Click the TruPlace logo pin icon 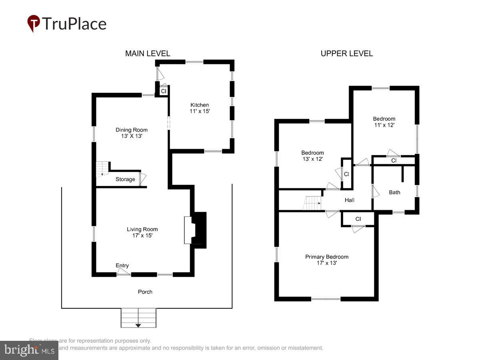(34, 23)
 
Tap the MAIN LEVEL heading (148, 54)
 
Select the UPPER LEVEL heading (347, 54)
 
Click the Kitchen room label (200, 108)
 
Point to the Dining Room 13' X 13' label (132, 133)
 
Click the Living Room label (142, 232)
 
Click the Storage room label (125, 179)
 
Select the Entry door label (122, 266)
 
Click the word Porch (145, 292)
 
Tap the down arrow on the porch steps (138, 326)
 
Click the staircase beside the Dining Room (102, 168)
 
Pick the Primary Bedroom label (327, 260)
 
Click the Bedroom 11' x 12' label (384, 122)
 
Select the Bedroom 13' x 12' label (312, 156)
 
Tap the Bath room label (394, 192)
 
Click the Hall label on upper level (350, 200)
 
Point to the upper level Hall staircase (312, 203)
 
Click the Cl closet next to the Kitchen (164, 92)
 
